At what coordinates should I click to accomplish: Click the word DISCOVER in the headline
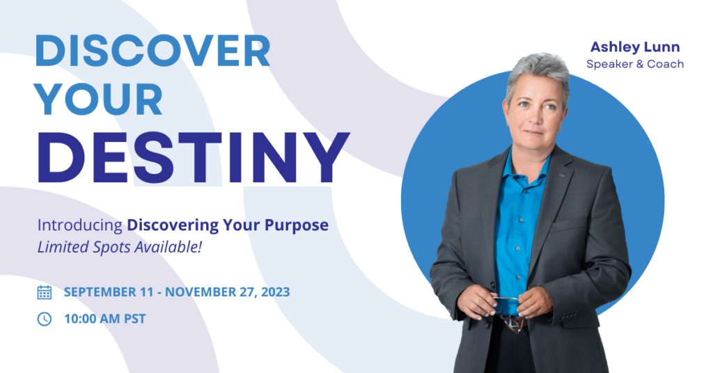pos(152,51)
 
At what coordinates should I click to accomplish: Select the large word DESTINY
pos(193,157)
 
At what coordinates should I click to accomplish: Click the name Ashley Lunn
pos(635,47)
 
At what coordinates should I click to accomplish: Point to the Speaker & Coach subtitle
pos(635,64)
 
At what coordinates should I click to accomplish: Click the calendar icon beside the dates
pos(44,292)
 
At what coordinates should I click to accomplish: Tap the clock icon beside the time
pos(44,319)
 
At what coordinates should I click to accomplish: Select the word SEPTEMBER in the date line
pos(102,292)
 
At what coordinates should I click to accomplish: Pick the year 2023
pos(274,292)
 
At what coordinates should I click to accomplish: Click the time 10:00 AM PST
pos(104,319)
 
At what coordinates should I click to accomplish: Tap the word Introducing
pos(79,225)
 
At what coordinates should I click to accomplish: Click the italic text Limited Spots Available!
pos(119,248)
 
